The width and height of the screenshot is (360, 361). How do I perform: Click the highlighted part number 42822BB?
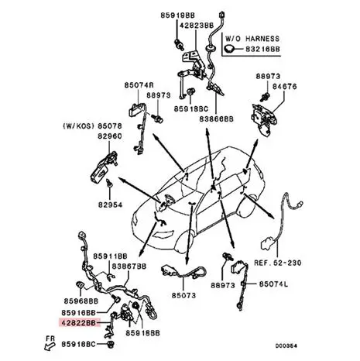click(79, 322)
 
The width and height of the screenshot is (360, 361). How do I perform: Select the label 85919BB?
click(177, 15)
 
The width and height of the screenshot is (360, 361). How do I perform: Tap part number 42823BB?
click(197, 26)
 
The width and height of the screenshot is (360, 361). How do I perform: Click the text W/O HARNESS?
click(252, 39)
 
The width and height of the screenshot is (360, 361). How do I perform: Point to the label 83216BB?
click(262, 49)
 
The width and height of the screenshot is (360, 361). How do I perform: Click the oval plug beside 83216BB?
click(229, 49)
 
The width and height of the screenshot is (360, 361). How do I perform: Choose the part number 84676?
click(285, 86)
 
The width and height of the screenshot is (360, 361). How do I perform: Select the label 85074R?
click(139, 85)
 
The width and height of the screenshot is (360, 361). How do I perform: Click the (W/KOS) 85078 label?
click(92, 126)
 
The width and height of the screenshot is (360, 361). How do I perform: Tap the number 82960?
click(109, 136)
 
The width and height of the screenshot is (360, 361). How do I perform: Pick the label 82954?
click(110, 205)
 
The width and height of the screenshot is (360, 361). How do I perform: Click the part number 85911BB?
click(110, 256)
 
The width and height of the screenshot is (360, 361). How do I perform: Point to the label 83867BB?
click(129, 266)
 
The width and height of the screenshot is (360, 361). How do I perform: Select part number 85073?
click(183, 295)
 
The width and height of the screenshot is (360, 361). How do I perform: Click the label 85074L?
click(273, 284)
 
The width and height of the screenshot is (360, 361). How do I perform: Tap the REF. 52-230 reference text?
click(278, 263)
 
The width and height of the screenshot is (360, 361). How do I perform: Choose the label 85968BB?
click(81, 301)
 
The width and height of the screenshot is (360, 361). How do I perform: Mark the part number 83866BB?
click(216, 119)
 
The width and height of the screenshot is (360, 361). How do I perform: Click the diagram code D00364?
click(286, 346)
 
